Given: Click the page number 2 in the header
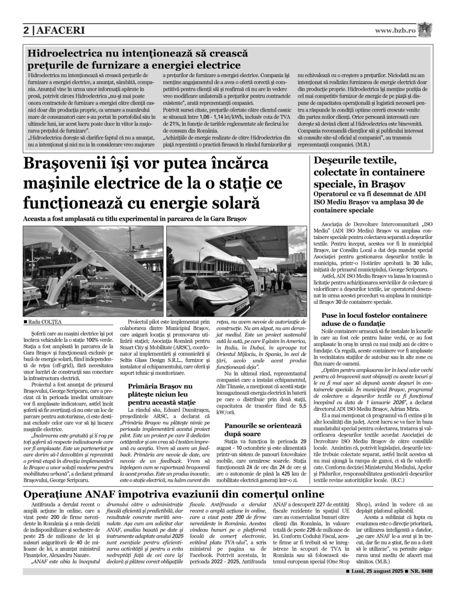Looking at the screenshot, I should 27,31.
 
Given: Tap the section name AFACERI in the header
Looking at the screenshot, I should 59,31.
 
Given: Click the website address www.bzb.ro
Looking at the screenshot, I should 395,31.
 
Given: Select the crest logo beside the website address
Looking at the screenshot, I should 425,30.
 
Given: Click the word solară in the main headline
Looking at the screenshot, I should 230,203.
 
